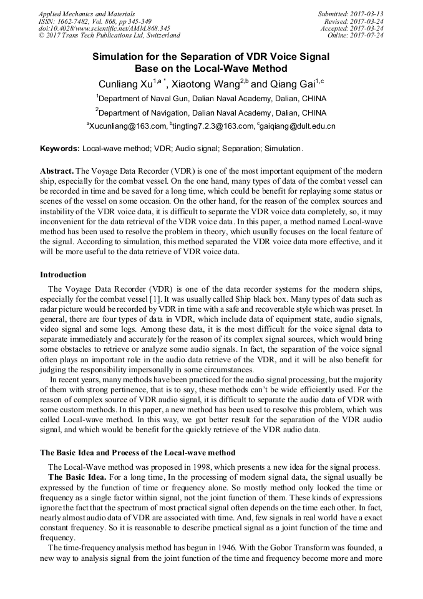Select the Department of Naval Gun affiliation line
coord(211,99)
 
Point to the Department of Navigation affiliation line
coord(211,113)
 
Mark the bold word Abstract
coord(57,171)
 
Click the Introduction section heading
coord(63,274)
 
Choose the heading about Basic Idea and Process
coord(138,452)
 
